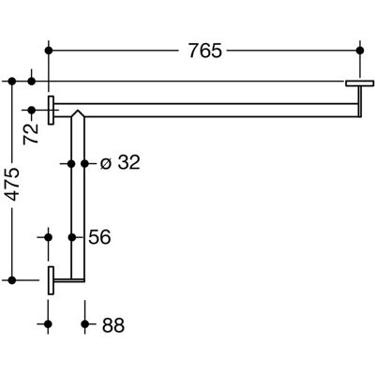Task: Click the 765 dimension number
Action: [x=205, y=51]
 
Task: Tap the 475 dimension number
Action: [x=13, y=184]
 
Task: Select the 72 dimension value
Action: [x=31, y=134]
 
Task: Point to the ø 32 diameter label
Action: [x=120, y=163]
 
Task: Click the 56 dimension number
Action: [x=99, y=237]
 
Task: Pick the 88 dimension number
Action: [x=113, y=325]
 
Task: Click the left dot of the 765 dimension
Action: [x=48, y=51]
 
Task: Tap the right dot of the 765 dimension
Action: [x=360, y=51]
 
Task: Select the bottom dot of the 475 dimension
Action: [x=12, y=280]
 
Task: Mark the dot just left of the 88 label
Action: [x=84, y=324]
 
